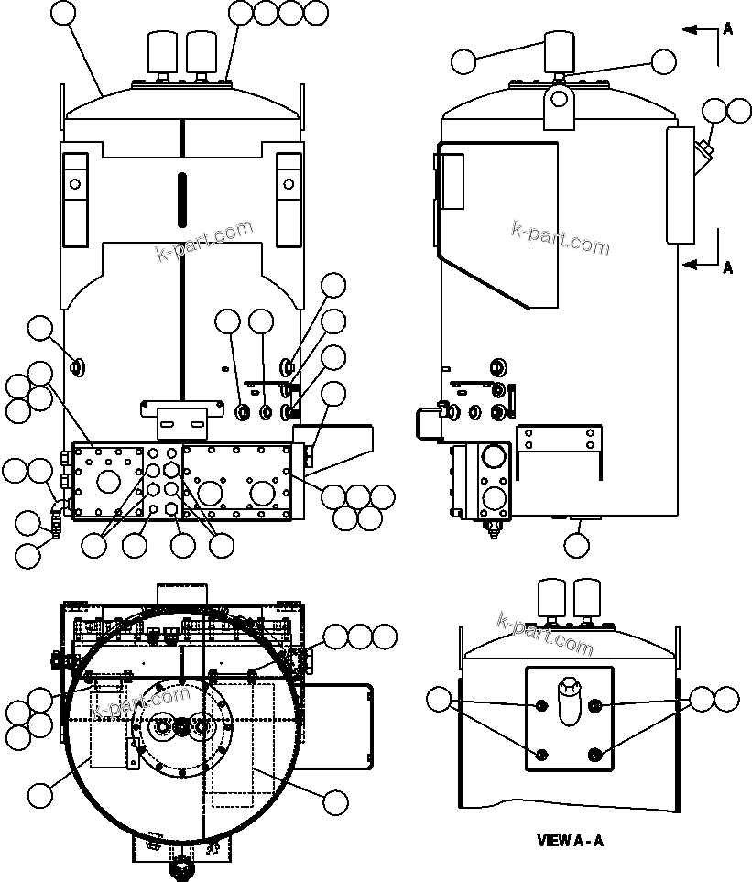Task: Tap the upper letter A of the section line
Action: [x=728, y=28]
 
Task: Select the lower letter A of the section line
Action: [x=728, y=267]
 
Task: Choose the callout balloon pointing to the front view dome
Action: [x=62, y=13]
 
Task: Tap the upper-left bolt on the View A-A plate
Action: [x=542, y=705]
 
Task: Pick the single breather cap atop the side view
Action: [x=558, y=52]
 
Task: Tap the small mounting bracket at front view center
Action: [x=183, y=417]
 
